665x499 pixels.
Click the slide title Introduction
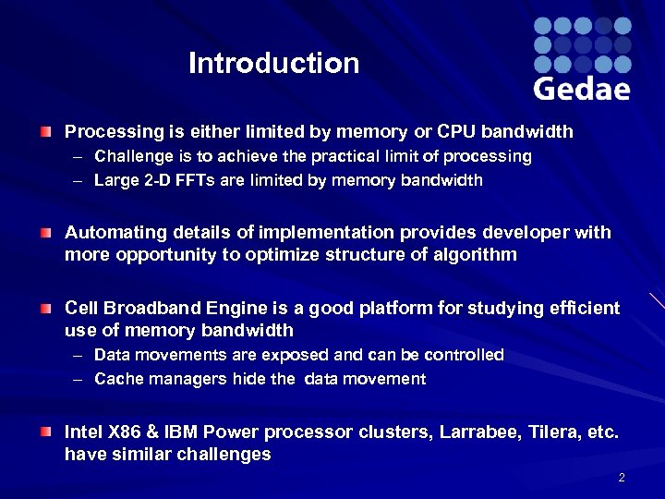(273, 64)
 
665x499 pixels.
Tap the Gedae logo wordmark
(582, 89)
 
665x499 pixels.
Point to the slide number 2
(622, 478)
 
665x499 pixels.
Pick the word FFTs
(194, 180)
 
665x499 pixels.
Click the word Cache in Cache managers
(117, 379)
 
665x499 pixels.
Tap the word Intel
(84, 432)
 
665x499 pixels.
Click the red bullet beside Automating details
(45, 232)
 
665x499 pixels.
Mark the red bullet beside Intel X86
(45, 432)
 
